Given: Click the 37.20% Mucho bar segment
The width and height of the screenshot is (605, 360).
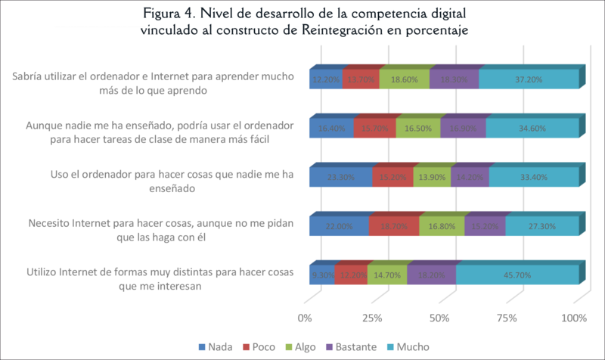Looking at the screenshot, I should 529,79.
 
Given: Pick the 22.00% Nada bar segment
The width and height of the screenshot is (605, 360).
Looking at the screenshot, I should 339,225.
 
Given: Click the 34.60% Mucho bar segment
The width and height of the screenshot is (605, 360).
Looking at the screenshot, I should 532,128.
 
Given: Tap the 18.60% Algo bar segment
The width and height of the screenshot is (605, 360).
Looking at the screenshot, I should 404,79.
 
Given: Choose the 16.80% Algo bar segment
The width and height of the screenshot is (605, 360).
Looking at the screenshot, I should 442,225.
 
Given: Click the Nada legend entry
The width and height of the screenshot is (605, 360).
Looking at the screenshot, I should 213,346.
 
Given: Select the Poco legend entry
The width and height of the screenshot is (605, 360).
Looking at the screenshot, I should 259,346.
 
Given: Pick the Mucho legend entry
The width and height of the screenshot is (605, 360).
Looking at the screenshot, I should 411,346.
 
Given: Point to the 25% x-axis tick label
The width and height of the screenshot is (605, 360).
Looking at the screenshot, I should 372,318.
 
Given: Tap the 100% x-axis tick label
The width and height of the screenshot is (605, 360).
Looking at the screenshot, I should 573,318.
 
